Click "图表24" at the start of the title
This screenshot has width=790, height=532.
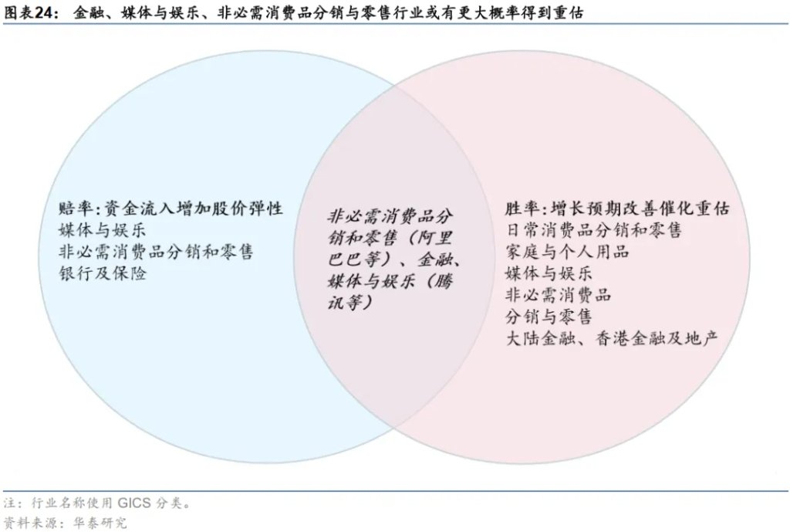(29, 12)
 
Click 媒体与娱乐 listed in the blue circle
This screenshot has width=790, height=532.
(102, 230)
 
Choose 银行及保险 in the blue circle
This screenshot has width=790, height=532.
(102, 273)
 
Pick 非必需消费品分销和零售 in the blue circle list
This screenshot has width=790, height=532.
(156, 252)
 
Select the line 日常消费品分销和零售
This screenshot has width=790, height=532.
(593, 230)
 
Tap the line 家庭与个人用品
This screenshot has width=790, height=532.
(567, 252)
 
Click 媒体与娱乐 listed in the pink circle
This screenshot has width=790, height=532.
(549, 273)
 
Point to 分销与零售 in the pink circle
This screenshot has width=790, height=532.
(549, 317)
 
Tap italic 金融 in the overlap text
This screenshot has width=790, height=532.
(434, 259)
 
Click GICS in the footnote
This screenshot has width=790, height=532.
(134, 503)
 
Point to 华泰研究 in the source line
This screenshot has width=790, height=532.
(100, 523)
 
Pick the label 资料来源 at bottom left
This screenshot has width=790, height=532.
(29, 523)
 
